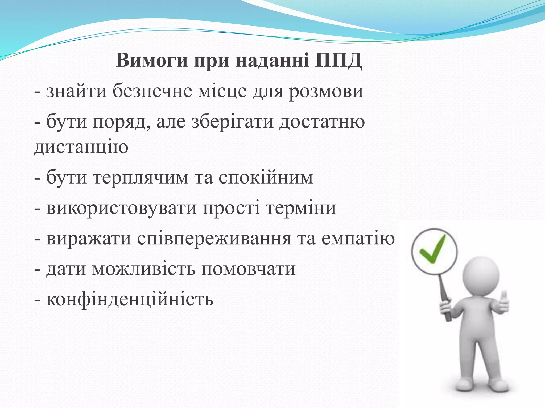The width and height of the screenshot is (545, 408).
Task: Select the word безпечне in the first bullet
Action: pyautogui.click(x=152, y=91)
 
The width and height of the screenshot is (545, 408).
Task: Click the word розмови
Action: pyautogui.click(x=326, y=91)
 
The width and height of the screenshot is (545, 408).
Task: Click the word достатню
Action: pyautogui.click(x=322, y=122)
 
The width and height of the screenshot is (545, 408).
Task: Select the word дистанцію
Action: pyautogui.click(x=81, y=147)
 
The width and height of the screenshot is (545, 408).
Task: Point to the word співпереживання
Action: pyautogui.click(x=214, y=239)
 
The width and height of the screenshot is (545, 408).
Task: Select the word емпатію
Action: pyautogui.click(x=358, y=239)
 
